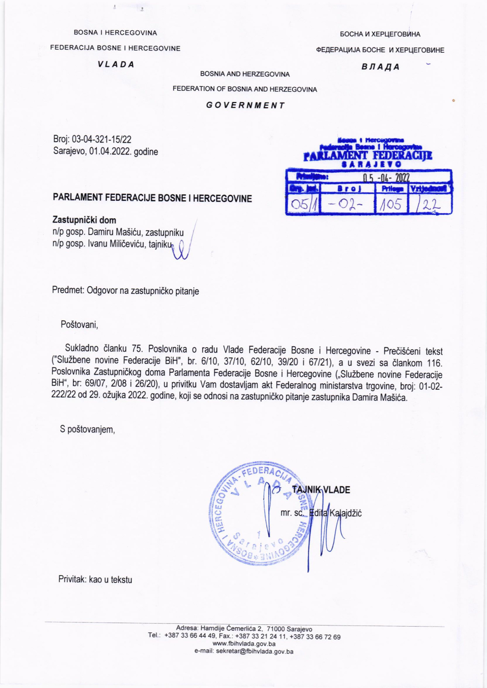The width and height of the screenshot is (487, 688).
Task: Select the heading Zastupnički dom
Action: [84, 220]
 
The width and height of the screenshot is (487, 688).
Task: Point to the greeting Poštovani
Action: [80, 324]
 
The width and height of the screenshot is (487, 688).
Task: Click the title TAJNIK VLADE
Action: [321, 490]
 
